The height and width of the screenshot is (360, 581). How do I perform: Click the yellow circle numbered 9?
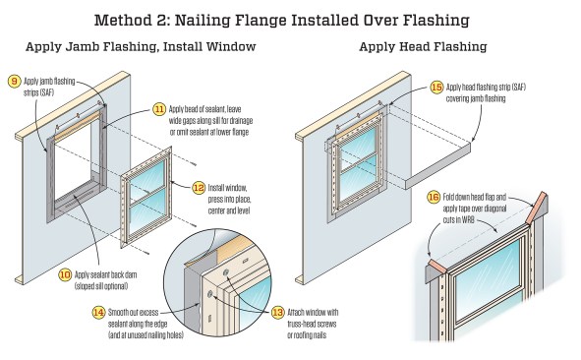click(14, 82)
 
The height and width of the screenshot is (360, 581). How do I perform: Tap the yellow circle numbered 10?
click(65, 274)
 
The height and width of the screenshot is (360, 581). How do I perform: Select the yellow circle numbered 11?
click(159, 109)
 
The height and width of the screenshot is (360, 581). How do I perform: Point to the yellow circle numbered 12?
click(199, 188)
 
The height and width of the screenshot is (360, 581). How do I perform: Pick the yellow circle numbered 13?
click(278, 313)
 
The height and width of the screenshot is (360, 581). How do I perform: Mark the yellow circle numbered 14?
click(98, 313)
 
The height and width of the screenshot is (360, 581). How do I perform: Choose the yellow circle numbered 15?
click(436, 88)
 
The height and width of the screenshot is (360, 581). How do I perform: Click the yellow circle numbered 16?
click(434, 197)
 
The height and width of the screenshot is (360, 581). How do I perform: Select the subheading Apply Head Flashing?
click(423, 47)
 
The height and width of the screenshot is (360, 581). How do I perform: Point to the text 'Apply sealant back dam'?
click(105, 274)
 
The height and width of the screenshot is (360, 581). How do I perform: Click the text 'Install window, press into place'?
click(229, 193)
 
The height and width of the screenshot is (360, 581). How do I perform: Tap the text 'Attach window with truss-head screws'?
click(313, 318)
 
